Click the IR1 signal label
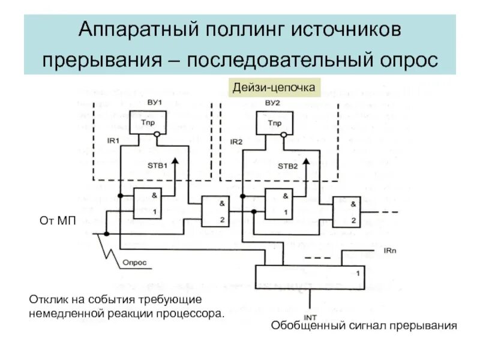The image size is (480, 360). pos(114,140)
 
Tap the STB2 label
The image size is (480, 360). pos(287,166)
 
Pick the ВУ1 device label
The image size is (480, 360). pos(155,103)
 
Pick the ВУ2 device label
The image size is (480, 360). pos(272,103)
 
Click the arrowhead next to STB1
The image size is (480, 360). pos(175,161)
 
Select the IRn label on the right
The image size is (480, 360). pos(389,248)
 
